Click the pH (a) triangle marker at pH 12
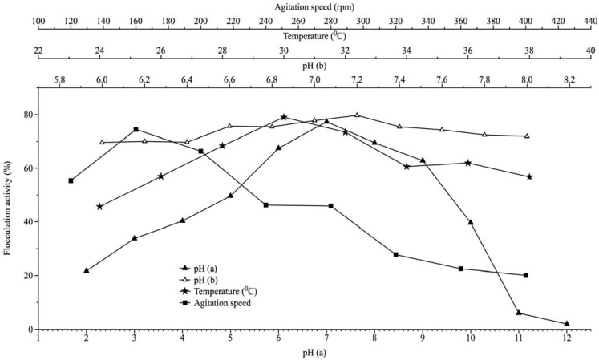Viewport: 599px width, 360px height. click(x=566, y=324)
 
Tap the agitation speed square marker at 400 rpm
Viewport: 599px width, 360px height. click(x=526, y=275)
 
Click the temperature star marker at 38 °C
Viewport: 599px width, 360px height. click(x=529, y=176)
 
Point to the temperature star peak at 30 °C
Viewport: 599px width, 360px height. click(x=284, y=117)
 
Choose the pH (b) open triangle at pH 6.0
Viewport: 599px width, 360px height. click(x=102, y=142)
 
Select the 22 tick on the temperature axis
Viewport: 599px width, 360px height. click(x=38, y=51)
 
